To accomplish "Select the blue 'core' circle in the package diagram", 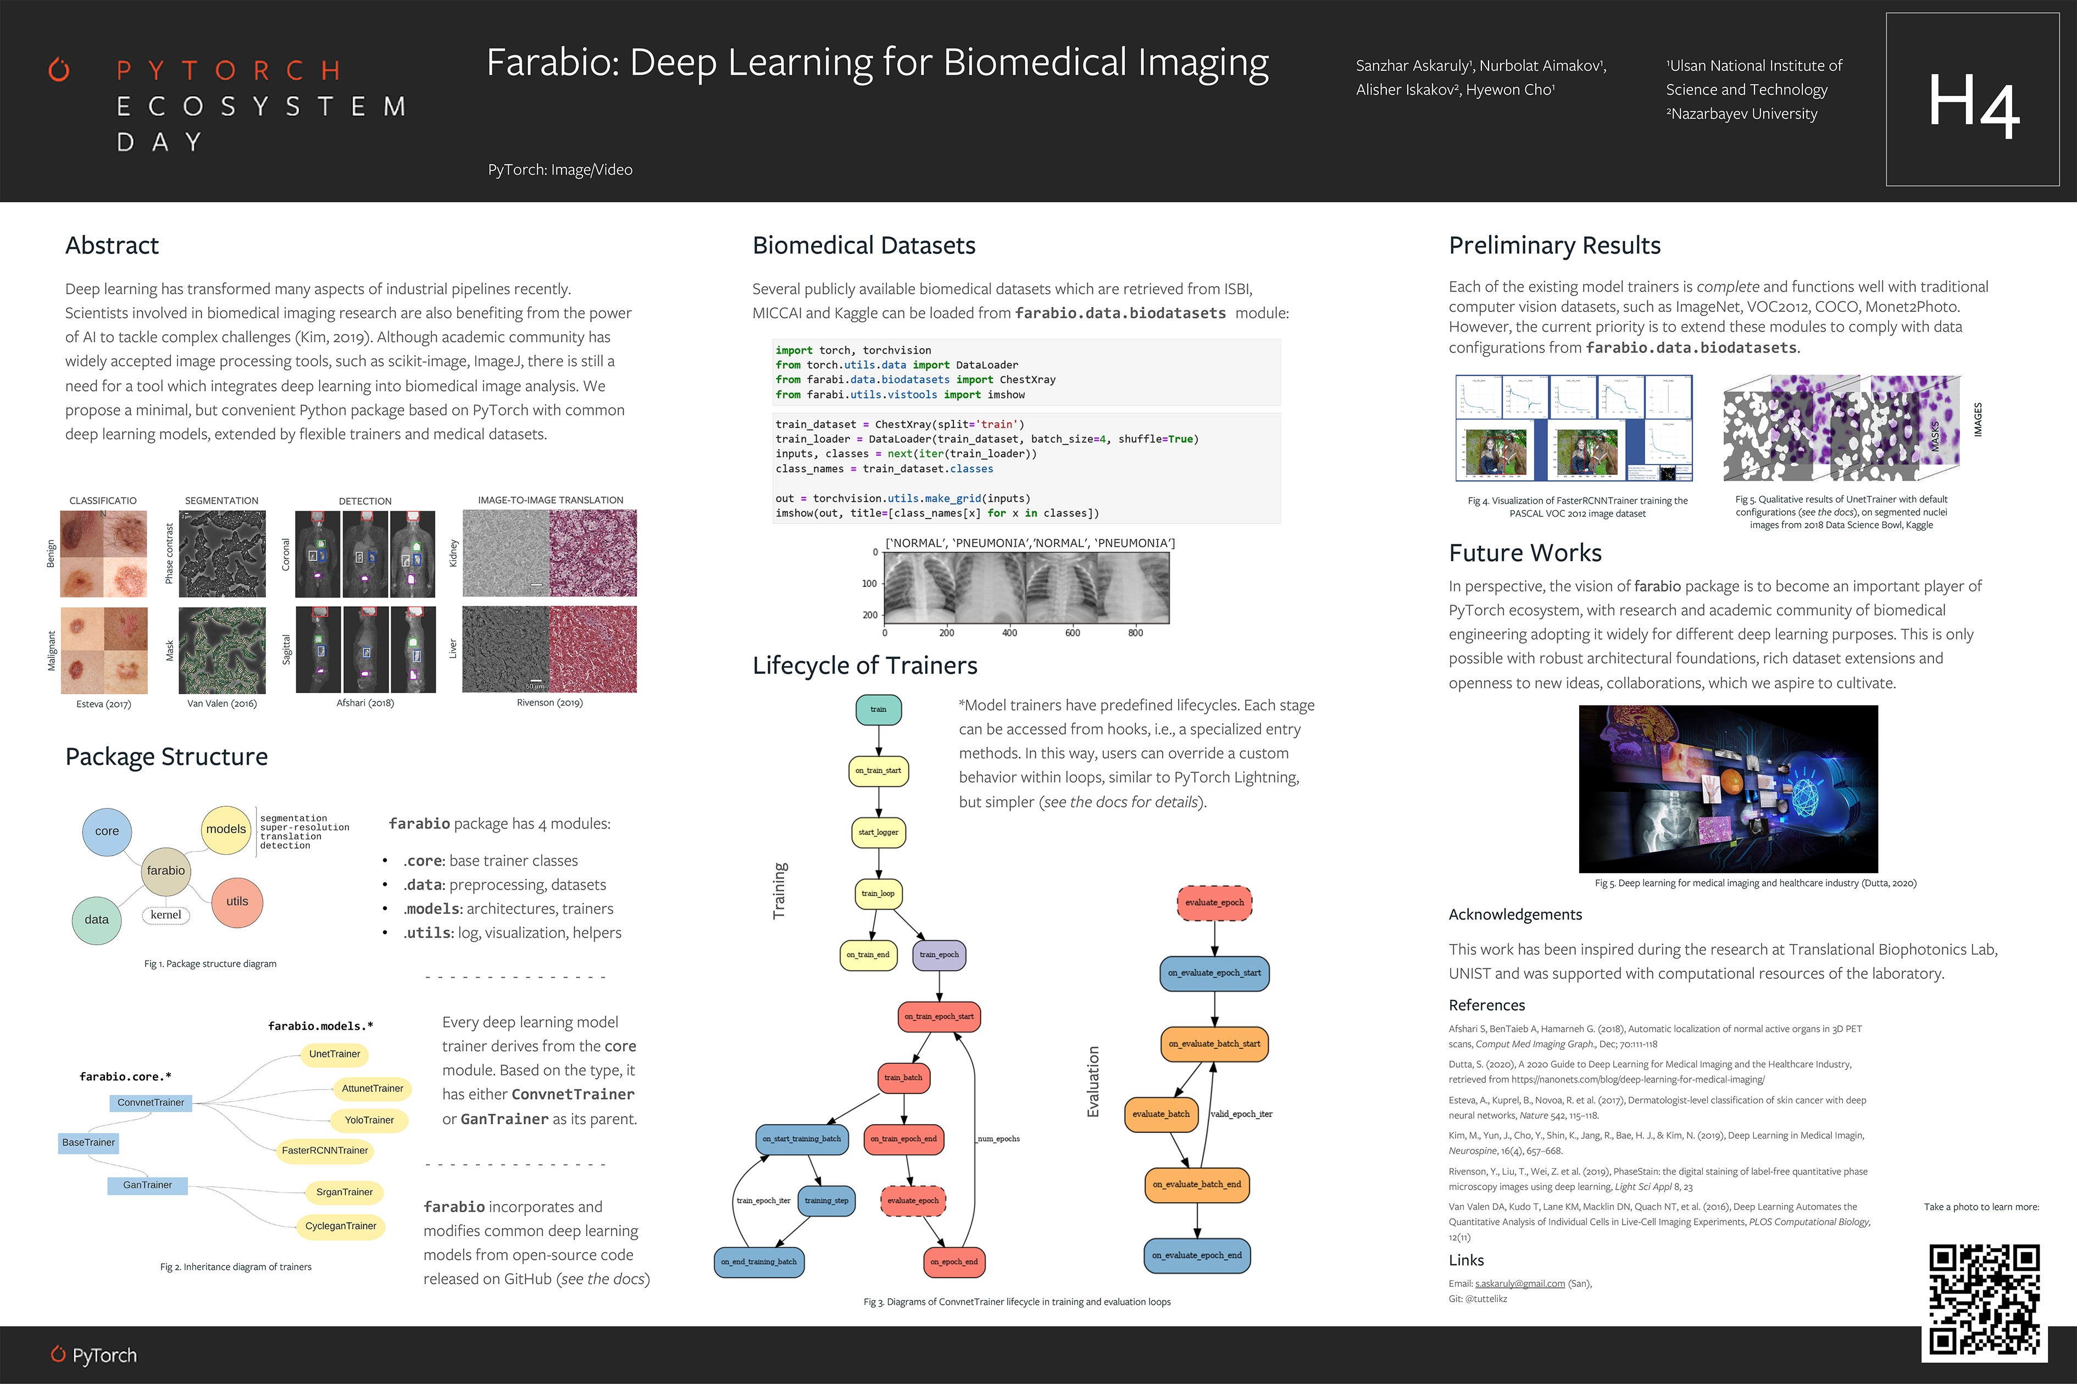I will (107, 830).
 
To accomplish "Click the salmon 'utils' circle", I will (237, 901).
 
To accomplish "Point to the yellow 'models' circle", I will (226, 829).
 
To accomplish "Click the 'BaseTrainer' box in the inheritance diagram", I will (88, 1142).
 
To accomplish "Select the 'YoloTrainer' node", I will (369, 1120).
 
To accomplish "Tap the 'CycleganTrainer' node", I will (340, 1226).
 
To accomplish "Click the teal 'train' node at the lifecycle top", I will (878, 709).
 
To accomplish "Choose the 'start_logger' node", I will (878, 833).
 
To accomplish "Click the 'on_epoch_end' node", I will (954, 1262).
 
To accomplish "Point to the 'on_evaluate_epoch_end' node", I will (1197, 1255).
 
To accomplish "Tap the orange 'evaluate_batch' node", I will (1160, 1114).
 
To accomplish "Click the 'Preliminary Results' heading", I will (1554, 245).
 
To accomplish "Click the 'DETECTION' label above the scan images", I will (365, 501).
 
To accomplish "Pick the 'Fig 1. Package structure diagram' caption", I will (210, 964).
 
